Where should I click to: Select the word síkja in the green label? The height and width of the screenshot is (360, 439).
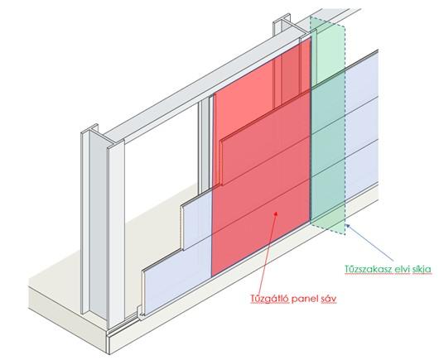click(422, 269)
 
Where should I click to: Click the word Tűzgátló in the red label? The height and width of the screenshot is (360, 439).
click(269, 299)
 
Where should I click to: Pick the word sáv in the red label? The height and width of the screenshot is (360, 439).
click(328, 299)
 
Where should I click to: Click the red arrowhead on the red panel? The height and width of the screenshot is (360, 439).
click(276, 214)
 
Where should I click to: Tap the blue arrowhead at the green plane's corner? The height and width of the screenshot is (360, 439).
click(348, 226)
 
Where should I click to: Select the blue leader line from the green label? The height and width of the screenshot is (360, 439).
click(370, 242)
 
